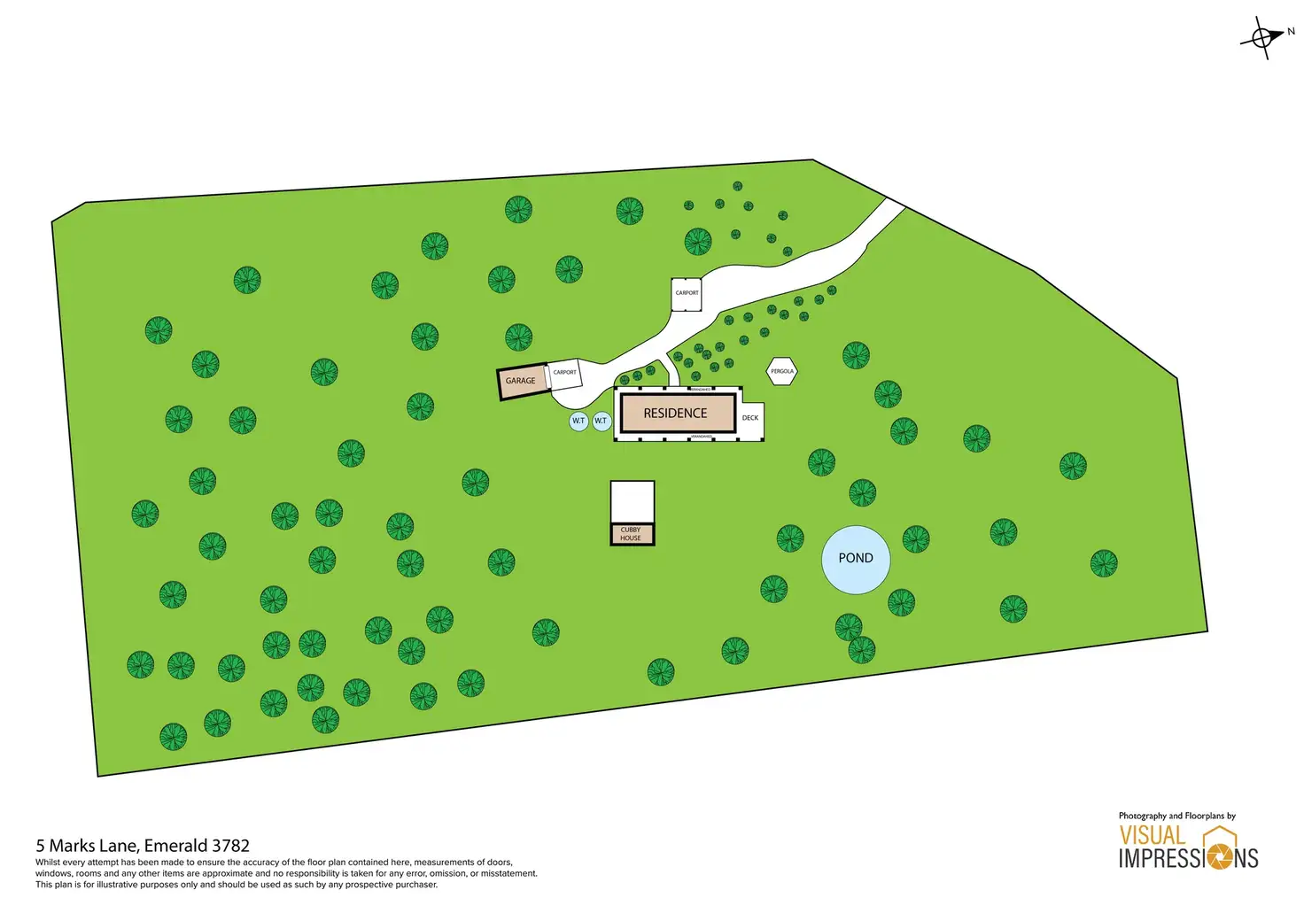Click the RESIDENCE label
pos(675,414)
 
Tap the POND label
pos(856,558)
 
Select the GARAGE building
pos(521,382)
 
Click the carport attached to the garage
pos(564,375)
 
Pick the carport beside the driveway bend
pos(687,293)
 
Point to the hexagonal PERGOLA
pos(782,372)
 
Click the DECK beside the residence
pos(750,418)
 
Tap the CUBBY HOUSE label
pos(631,534)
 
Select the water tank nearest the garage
pos(578,421)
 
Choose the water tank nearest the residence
pos(602,421)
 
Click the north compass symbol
pos(1262,38)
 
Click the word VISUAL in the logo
pos(1152,835)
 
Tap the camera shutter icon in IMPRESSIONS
pos(1221,856)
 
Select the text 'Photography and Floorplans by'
pos(1176,816)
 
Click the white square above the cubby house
pos(633,502)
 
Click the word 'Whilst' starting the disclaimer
pos(48,863)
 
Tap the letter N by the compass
pos(1291,32)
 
